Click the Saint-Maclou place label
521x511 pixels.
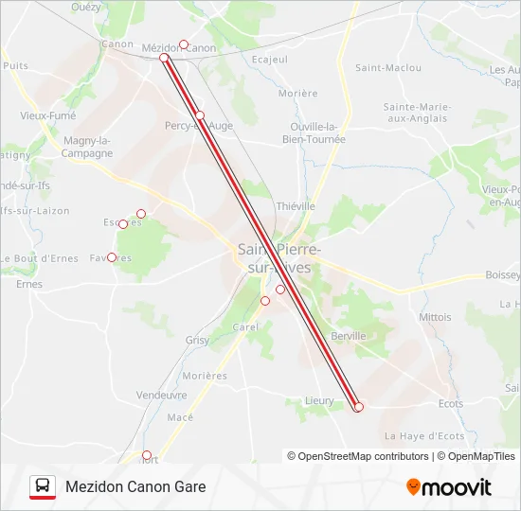pos(374,67)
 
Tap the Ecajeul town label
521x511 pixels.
pos(269,59)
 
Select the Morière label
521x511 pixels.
pos(298,94)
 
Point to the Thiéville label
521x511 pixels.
pos(295,205)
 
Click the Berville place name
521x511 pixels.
pos(349,336)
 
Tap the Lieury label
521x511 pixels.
pos(319,400)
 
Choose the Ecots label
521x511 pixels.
pos(451,403)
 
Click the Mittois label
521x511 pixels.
pos(436,317)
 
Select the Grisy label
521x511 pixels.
pos(198,340)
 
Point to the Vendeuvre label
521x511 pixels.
pos(161,395)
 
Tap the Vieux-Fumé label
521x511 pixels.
pos(47,115)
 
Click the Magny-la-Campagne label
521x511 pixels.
pos(87,147)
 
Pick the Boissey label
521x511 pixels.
pos(503,274)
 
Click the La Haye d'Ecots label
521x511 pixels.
pos(423,435)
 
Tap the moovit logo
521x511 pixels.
pos(449,487)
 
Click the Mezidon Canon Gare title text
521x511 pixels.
pos(135,487)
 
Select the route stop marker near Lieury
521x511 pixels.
pos(358,407)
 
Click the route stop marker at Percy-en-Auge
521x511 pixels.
pos(200,115)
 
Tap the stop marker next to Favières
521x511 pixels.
pos(112,257)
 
